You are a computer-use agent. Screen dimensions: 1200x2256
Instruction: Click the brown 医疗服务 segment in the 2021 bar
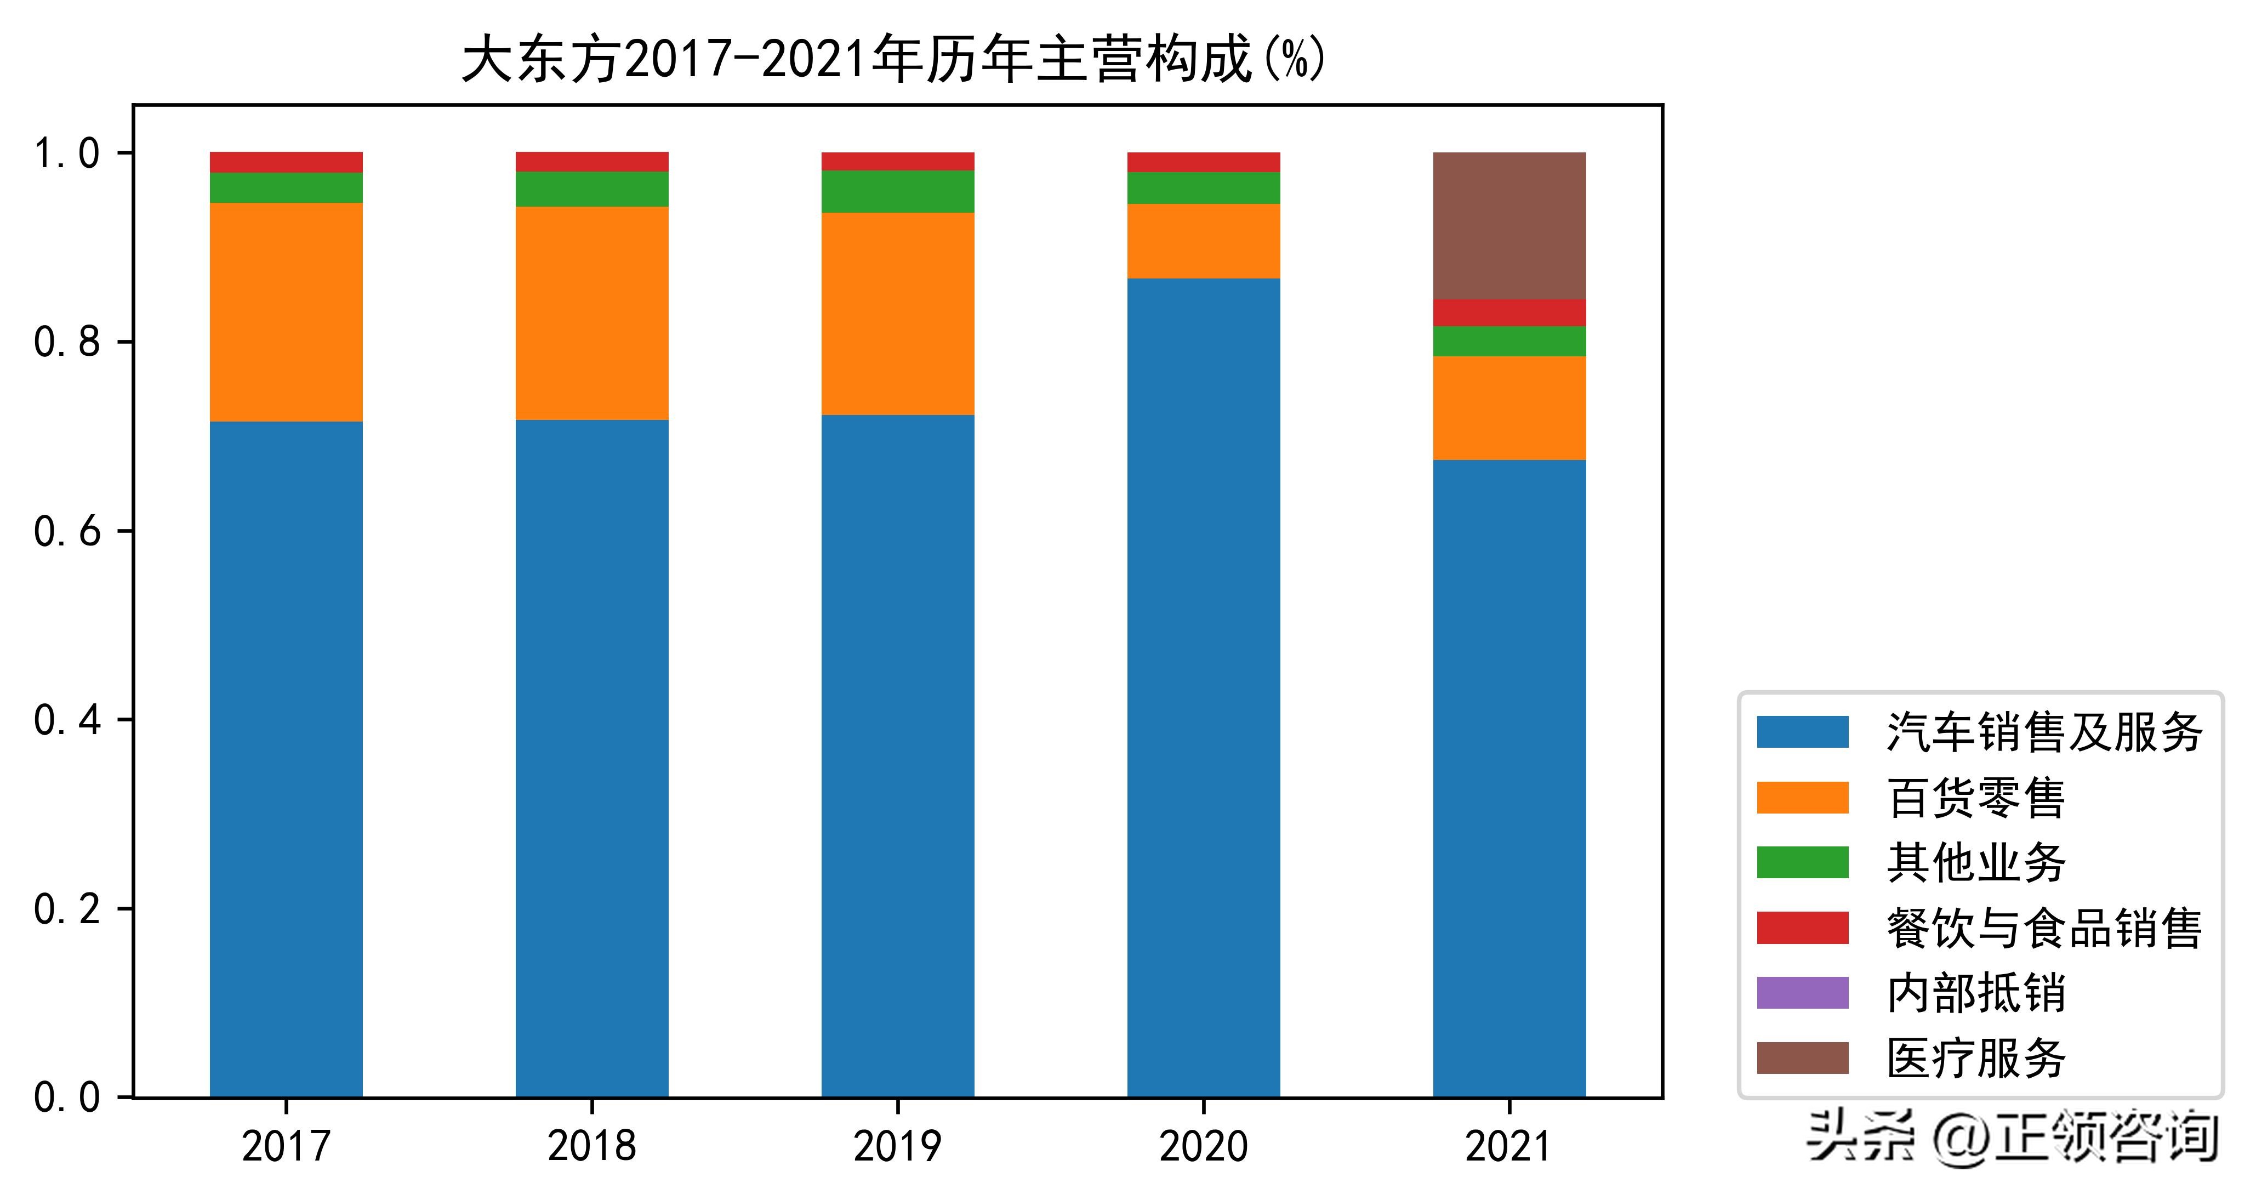1509,226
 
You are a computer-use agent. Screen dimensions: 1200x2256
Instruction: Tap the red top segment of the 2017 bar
286,162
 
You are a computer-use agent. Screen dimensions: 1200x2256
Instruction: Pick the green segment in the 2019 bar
898,191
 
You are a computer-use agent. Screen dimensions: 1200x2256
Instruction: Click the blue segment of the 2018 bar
592,758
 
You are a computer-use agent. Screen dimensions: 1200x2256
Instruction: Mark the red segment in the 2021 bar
1509,312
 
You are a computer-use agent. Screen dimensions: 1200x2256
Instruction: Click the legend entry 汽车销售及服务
2044,732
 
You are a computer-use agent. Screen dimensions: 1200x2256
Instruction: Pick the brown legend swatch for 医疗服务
1802,1057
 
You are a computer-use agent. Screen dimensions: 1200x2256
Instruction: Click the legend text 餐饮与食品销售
2044,928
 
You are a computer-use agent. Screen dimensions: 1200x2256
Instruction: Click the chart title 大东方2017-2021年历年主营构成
893,60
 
